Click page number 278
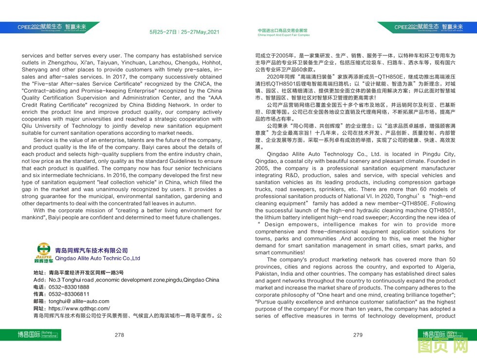tap(119, 335)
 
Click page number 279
tap(358, 335)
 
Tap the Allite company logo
tap(43, 253)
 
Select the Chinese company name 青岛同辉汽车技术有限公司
tap(91, 251)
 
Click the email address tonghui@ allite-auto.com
tap(79, 302)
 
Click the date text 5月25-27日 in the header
tap(163, 32)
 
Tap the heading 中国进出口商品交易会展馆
tap(283, 31)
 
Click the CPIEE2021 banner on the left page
tap(49, 27)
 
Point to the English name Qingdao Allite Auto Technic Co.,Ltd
tap(97, 258)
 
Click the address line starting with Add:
tap(127, 280)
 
